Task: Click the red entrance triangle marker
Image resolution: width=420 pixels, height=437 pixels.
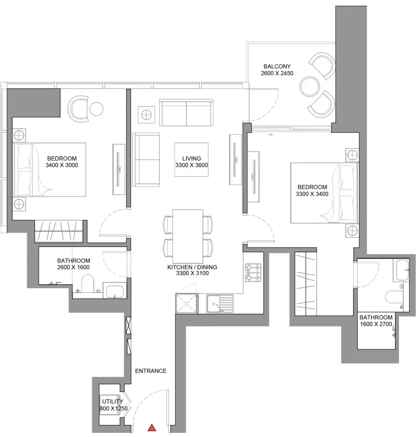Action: click(152, 428)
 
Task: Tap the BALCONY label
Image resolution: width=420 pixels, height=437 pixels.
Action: click(277, 66)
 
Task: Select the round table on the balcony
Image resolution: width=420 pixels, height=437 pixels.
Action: click(309, 86)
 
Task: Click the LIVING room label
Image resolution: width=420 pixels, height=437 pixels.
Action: click(191, 158)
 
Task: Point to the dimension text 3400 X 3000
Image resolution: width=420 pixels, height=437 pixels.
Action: click(62, 165)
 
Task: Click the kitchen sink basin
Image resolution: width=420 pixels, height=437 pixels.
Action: click(214, 304)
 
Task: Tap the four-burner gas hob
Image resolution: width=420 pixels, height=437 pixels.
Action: click(253, 273)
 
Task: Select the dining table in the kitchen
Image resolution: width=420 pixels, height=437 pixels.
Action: click(188, 236)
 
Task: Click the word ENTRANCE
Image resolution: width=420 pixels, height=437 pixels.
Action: click(150, 371)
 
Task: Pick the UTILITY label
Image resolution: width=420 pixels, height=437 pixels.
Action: click(113, 401)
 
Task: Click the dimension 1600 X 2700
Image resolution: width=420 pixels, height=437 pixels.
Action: click(376, 324)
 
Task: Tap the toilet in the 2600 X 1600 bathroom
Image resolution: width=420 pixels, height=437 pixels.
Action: click(88, 283)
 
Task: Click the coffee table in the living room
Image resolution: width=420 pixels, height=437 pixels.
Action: click(191, 160)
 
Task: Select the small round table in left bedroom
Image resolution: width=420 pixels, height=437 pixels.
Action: click(96, 109)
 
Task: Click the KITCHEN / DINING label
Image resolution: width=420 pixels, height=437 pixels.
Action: click(192, 267)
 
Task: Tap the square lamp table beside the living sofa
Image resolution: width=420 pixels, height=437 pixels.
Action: click(147, 115)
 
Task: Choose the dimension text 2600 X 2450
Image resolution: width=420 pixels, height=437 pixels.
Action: click(277, 73)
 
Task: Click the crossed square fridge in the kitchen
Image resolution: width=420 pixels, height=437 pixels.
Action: click(187, 303)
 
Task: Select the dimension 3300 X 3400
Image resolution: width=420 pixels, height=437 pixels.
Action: click(312, 194)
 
